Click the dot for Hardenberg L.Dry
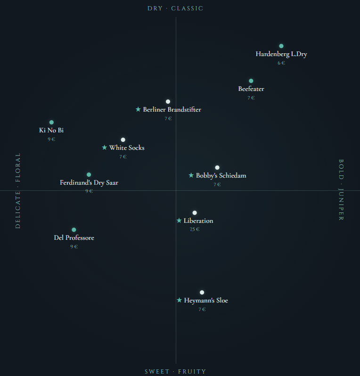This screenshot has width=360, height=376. (281, 46)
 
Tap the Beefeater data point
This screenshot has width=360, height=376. (251, 81)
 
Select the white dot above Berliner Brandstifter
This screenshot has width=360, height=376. (168, 102)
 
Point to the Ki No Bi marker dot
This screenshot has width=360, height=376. (52, 123)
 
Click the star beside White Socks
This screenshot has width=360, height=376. (105, 147)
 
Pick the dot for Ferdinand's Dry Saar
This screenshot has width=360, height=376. (89, 175)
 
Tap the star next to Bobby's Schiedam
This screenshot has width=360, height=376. (191, 175)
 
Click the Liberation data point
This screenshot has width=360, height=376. (195, 213)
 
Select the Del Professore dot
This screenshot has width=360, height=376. (74, 230)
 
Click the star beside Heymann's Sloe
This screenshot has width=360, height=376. (179, 300)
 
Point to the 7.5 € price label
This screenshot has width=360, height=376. (195, 229)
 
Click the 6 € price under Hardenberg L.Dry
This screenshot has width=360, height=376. (281, 63)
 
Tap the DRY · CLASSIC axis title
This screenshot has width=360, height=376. (175, 8)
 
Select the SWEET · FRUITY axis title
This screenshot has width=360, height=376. (175, 372)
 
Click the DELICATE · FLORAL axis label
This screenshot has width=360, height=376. (18, 190)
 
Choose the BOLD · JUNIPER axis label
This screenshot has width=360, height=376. (341, 190)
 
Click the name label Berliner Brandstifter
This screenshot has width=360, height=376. (172, 110)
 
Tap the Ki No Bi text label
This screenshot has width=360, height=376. (51, 131)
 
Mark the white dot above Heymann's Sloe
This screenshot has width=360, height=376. (202, 293)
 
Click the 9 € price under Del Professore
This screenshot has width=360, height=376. (74, 246)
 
